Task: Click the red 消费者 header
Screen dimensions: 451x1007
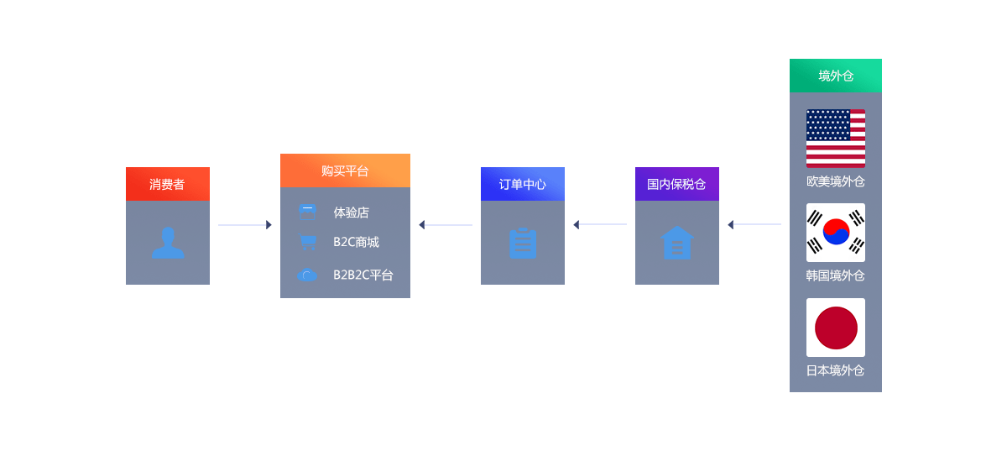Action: point(167,184)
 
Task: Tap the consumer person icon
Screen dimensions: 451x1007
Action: point(168,243)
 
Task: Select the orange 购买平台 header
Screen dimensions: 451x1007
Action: point(345,170)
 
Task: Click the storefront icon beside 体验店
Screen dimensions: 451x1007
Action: point(307,212)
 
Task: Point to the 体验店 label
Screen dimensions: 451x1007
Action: point(351,212)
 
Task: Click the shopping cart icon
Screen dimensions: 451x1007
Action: point(307,242)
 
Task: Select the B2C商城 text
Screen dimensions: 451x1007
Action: point(356,242)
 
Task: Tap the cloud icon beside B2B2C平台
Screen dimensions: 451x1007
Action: point(307,275)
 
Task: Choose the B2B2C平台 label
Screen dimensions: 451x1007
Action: point(363,275)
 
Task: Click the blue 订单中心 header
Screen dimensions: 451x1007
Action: point(522,184)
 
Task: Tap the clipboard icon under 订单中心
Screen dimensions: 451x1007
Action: point(523,243)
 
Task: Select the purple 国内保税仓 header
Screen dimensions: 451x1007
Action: point(676,184)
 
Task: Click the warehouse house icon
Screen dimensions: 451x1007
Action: point(677,243)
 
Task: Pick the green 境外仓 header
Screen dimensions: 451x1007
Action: point(835,76)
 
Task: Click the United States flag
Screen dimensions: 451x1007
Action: point(835,139)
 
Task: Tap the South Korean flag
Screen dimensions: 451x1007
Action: point(835,233)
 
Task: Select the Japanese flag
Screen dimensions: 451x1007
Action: point(835,328)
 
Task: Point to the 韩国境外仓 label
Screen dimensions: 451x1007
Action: point(835,275)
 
